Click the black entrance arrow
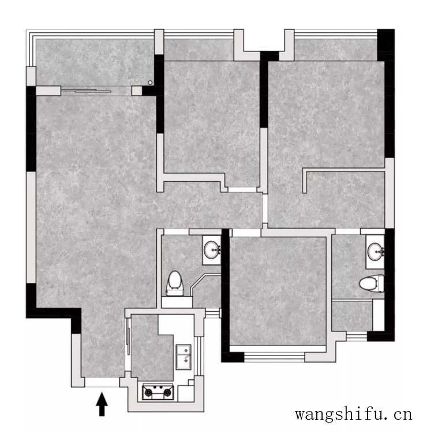[x=102, y=404]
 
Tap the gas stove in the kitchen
[x=158, y=392]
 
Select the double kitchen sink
[x=184, y=357]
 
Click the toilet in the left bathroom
[x=174, y=283]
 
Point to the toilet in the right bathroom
[x=372, y=283]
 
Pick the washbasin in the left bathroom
[x=212, y=250]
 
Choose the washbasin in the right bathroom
[x=376, y=251]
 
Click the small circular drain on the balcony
[x=150, y=83]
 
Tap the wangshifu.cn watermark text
[x=353, y=414]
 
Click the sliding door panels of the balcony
[x=86, y=91]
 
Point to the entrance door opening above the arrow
[x=102, y=382]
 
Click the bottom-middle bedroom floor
[x=278, y=291]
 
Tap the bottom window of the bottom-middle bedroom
[x=275, y=357]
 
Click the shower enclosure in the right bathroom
[x=353, y=316]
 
